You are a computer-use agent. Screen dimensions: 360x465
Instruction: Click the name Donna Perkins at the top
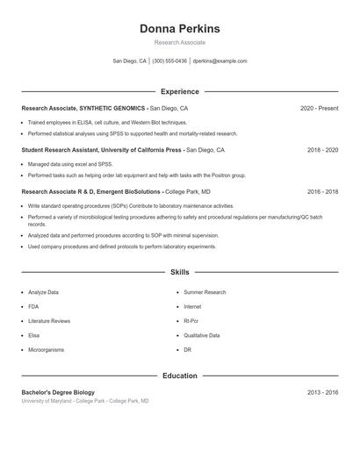pos(179,29)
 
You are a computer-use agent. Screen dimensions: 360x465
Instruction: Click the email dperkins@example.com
pos(220,61)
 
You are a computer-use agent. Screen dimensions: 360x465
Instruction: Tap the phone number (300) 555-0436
pos(169,61)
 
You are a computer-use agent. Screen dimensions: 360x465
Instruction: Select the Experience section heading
pos(179,91)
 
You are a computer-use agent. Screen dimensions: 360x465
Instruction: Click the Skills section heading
pos(179,273)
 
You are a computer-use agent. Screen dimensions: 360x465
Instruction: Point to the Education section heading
pos(179,376)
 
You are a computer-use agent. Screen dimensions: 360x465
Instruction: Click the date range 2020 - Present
pos(319,109)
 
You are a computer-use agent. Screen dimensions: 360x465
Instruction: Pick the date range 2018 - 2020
pos(322,150)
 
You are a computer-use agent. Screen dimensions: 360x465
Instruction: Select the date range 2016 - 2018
pos(322,191)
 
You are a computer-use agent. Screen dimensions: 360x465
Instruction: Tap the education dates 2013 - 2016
pos(322,392)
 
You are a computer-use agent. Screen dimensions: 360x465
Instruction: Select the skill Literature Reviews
pos(49,321)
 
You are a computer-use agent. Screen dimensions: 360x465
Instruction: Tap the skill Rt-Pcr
pos(192,321)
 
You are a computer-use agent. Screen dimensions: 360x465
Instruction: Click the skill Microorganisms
pos(47,350)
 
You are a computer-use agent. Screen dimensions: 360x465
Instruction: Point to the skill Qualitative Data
pos(202,336)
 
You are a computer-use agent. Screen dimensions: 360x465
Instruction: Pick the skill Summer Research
pos(205,292)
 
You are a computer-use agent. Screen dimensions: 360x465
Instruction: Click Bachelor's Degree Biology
pos(58,392)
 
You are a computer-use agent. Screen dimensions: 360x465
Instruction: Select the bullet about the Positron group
pos(136,175)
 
